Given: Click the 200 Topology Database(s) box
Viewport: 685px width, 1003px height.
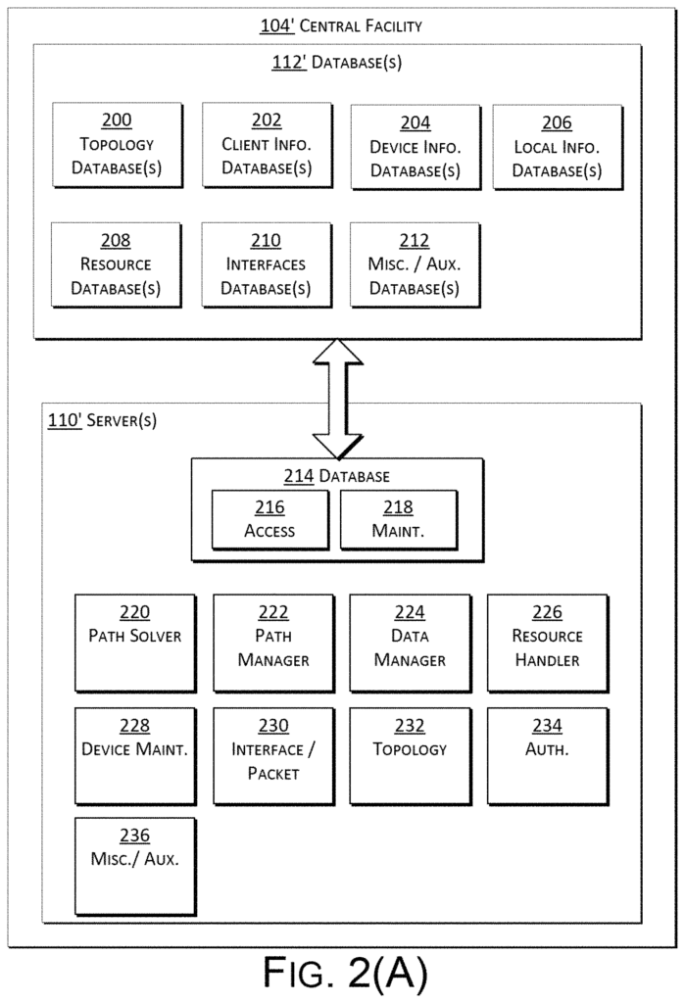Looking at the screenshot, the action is (118, 145).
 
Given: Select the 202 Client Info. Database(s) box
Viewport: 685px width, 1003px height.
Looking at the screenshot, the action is (267, 145).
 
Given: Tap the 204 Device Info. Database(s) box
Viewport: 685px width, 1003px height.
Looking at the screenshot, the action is (416, 147).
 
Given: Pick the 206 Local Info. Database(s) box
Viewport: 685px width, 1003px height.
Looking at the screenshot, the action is (558, 147).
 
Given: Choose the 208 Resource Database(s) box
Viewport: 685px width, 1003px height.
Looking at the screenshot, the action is (116, 264).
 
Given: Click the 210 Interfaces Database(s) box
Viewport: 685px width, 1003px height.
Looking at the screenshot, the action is (267, 264).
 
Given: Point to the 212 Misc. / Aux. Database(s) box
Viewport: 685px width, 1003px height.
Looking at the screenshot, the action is (415, 264).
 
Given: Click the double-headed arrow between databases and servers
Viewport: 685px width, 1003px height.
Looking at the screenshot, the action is (338, 399).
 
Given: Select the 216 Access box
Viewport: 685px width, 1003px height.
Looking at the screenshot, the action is (270, 520).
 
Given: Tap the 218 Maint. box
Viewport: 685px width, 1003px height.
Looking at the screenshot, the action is (399, 520).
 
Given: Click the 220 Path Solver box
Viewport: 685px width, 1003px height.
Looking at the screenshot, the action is (135, 644).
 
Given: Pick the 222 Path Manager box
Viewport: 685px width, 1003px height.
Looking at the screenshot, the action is (273, 644).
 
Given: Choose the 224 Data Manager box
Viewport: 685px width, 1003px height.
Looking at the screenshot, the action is (411, 644).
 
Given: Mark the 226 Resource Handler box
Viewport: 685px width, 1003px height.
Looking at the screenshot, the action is (548, 644).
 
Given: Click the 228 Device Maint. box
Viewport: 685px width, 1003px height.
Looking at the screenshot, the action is (135, 756).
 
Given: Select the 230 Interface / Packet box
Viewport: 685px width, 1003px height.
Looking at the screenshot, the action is (273, 756).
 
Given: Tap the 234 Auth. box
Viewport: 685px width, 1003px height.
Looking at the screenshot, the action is (548, 756).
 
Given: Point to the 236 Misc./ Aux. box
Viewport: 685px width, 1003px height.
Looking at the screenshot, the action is (135, 867).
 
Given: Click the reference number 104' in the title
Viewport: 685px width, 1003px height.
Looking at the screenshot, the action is (277, 26).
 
